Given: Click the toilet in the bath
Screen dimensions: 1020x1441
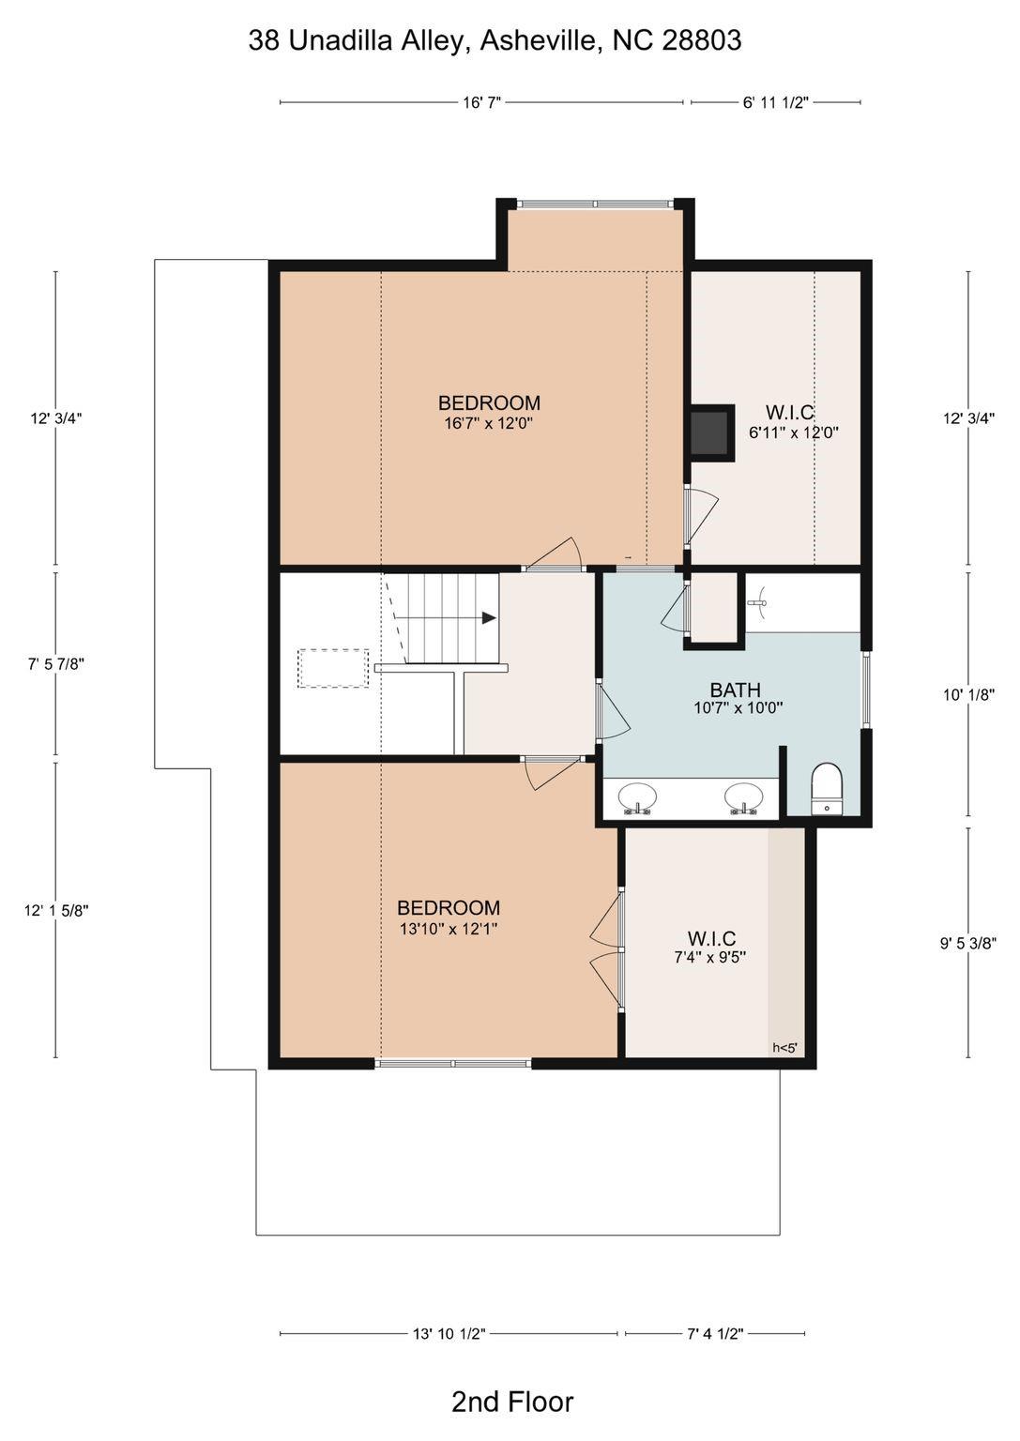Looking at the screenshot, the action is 827,789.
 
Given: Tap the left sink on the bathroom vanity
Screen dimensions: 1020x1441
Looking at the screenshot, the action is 638,798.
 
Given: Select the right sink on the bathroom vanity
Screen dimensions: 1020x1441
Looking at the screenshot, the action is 744,798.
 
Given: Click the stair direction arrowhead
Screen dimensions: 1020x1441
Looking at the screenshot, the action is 489,617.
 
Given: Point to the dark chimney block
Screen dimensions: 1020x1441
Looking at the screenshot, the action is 711,432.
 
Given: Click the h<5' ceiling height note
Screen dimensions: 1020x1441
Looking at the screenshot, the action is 784,1048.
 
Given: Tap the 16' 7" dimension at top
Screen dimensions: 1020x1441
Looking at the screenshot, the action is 481,103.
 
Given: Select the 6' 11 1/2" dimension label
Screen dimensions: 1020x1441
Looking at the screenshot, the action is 775,103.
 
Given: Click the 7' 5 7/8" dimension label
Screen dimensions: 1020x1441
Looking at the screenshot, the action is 56,664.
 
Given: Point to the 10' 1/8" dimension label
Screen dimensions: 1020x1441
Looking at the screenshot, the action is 969,694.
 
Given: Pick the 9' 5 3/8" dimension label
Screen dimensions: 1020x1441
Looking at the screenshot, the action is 968,944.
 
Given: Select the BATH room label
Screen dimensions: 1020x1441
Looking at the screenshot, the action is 735,690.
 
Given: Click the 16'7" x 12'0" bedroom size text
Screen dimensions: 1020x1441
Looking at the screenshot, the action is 490,423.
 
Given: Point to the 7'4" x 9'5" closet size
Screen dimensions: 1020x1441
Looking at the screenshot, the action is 710,957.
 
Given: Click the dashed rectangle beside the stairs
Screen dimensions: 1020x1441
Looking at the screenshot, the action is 333,668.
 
